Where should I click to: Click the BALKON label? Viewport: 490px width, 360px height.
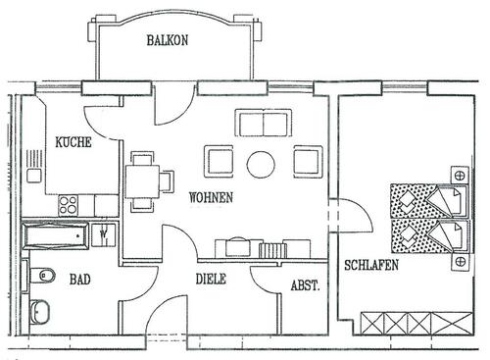coord(168,40)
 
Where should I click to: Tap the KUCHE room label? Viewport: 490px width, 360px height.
coord(73,141)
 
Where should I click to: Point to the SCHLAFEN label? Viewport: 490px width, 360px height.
coord(370,266)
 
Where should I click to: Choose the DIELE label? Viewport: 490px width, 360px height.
coord(210,279)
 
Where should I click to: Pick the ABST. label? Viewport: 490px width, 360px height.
coord(304,285)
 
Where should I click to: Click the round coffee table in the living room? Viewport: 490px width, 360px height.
coord(262,163)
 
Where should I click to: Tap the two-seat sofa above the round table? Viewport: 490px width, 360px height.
coord(262,125)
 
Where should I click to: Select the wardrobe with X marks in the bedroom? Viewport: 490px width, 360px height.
coord(402,322)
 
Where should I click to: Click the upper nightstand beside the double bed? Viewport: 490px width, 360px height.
coord(455,177)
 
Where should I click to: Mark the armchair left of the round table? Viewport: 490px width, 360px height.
coord(218,161)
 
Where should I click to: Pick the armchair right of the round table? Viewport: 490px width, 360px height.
coord(307,161)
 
